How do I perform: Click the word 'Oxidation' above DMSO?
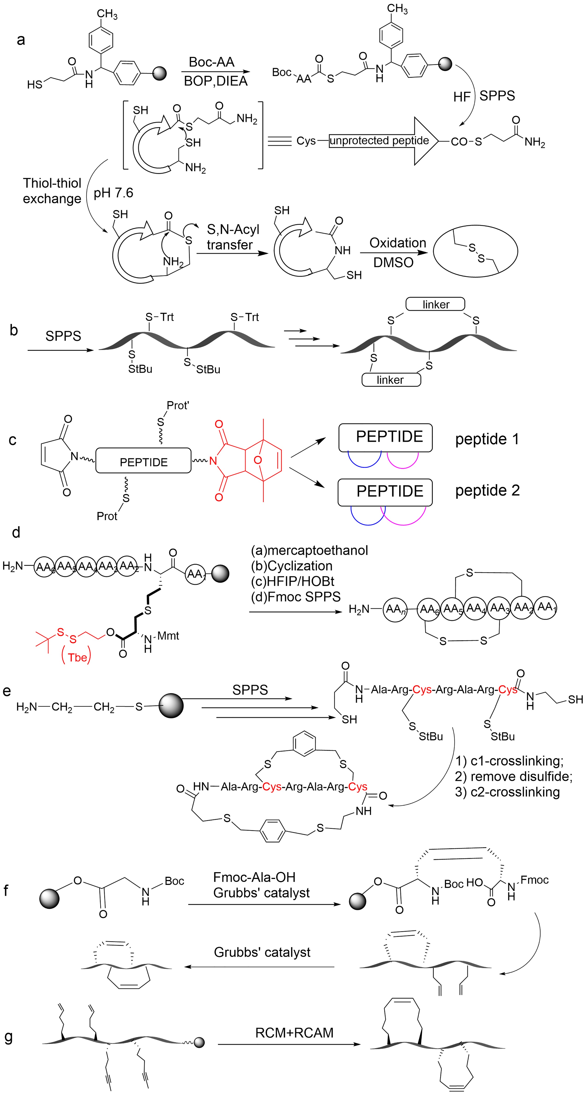(397, 243)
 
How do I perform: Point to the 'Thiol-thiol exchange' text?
(52, 191)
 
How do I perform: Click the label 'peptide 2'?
(487, 491)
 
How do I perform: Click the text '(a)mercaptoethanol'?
(310, 550)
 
